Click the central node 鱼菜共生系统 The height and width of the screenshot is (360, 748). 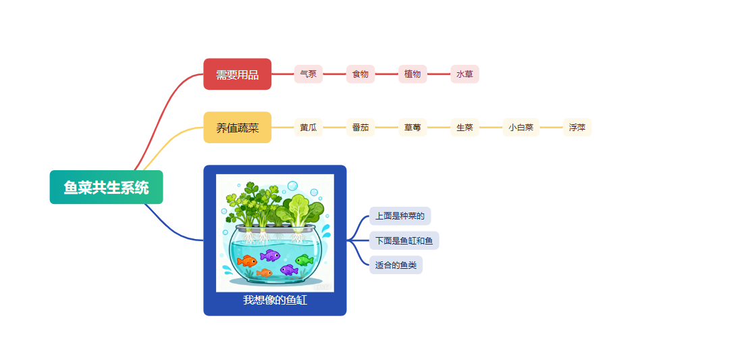106,187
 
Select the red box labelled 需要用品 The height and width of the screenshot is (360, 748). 237,74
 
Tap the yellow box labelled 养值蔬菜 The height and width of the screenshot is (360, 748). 237,128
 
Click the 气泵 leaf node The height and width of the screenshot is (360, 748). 308,74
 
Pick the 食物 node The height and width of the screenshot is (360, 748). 360,74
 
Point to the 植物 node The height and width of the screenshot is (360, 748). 412,74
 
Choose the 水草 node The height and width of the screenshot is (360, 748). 464,74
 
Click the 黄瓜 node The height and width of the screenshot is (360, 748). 308,128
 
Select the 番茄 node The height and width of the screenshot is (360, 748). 360,128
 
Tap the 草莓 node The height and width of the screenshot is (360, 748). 412,128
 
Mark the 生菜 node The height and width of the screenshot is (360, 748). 464,128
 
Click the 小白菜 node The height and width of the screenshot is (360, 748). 521,128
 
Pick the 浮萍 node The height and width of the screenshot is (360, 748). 577,128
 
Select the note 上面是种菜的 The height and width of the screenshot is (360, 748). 400,216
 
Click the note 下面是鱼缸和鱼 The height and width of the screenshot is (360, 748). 404,240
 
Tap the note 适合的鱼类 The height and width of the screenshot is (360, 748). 396,265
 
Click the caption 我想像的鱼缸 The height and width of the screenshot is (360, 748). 275,300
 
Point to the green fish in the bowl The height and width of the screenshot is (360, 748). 304,260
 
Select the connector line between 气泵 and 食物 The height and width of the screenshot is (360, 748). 334,74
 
